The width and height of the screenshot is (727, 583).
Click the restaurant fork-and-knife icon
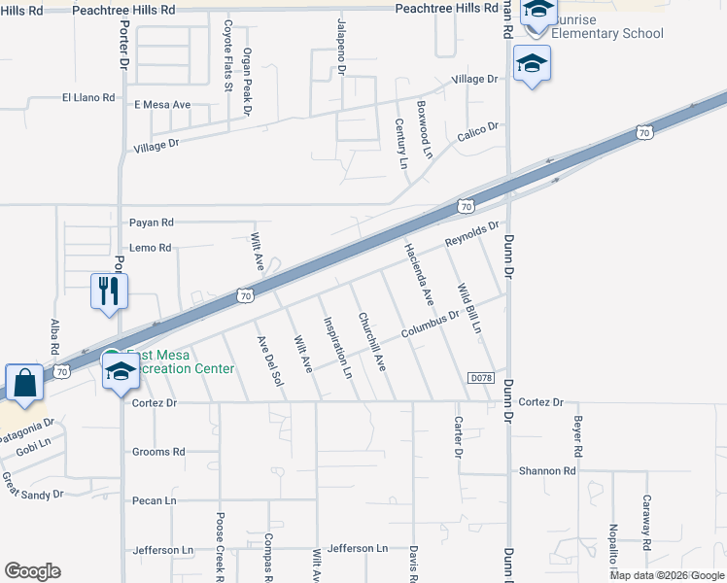tap(109, 289)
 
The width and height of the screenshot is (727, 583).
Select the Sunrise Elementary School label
tap(607, 26)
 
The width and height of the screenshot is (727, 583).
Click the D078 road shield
tap(480, 377)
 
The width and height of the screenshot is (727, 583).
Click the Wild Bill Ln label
tap(469, 307)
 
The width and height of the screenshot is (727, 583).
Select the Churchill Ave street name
tap(371, 341)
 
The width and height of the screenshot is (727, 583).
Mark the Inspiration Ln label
tap(336, 346)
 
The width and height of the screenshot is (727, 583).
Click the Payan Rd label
tap(151, 223)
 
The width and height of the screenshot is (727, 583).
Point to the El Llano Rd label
tap(88, 98)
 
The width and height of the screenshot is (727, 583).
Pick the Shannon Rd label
tap(547, 471)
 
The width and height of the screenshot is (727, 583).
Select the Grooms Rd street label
tap(158, 452)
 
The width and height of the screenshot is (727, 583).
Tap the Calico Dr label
tap(478, 128)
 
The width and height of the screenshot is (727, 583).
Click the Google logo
tap(32, 571)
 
